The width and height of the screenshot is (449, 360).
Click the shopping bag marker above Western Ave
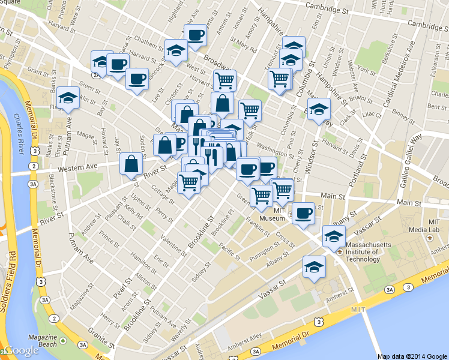pos(131,165)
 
